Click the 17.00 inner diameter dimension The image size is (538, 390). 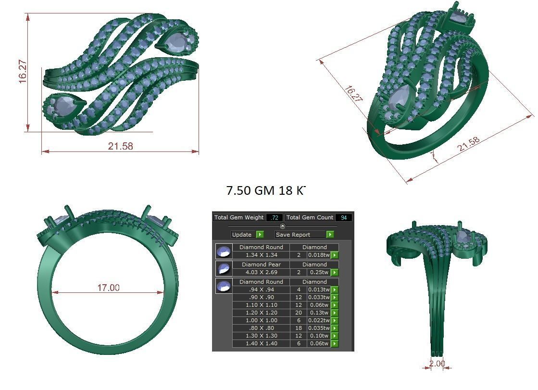tap(108, 288)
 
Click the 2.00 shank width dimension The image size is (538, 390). tap(437, 364)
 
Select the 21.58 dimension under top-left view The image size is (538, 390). tap(120, 146)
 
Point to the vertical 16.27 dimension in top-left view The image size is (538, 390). tap(23, 72)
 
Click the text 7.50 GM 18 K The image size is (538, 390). tap(265, 190)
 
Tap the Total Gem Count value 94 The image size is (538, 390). tap(343, 217)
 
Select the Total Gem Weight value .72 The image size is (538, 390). tap(275, 217)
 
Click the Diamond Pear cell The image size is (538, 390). tap(261, 264)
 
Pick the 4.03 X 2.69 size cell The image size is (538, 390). tap(261, 272)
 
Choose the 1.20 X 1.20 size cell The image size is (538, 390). tap(261, 313)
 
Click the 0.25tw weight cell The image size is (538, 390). tap(319, 272)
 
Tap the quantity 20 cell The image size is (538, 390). tap(299, 313)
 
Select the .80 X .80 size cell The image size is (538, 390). tap(261, 328)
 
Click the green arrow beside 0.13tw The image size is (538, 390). tap(335, 313)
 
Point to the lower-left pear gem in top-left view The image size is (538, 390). tap(62, 105)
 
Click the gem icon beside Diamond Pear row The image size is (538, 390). tap(224, 268)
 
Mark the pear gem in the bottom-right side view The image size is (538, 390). tap(463, 237)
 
